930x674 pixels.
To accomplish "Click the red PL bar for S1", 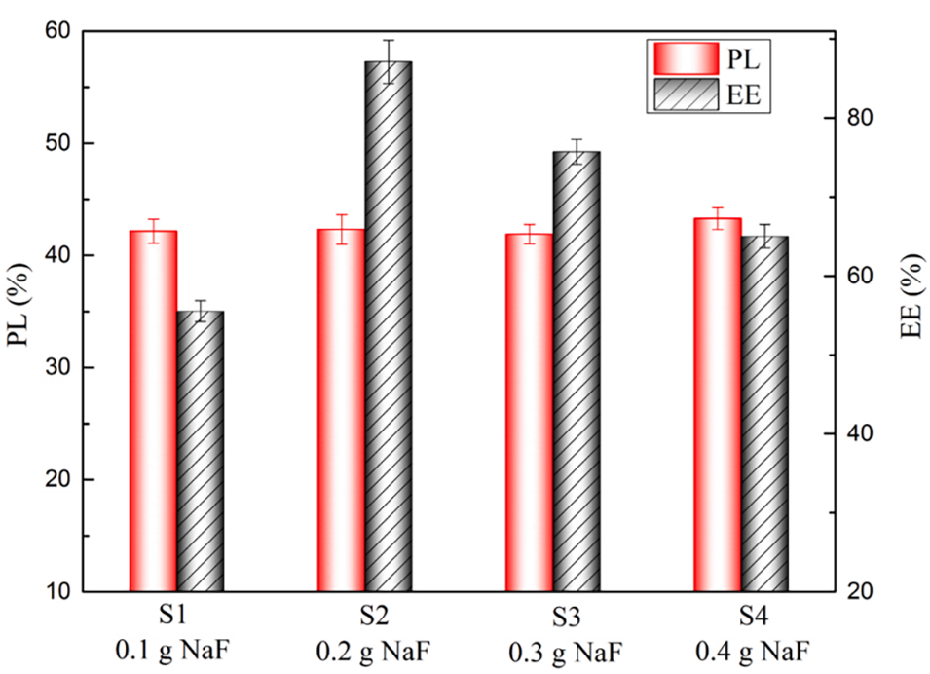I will coord(153,409).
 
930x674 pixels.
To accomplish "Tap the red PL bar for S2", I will coord(341,409).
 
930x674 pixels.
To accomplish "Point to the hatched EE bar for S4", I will coord(764,413).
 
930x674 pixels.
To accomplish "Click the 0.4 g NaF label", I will coord(741,650).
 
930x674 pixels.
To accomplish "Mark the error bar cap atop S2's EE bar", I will coord(389,41).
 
